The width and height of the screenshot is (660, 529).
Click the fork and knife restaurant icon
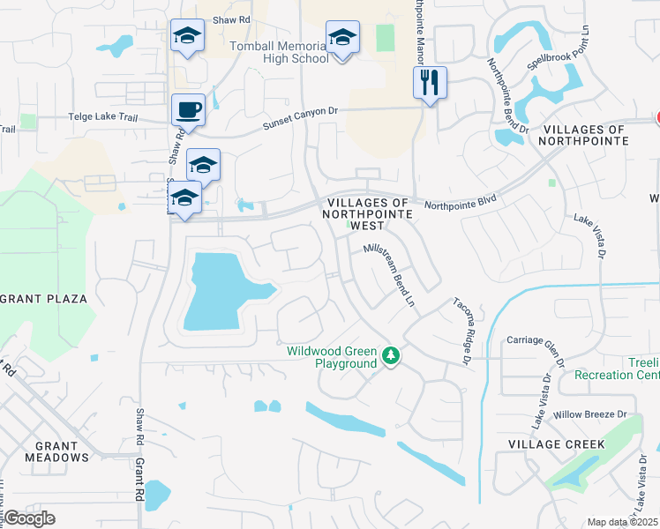tap(430, 83)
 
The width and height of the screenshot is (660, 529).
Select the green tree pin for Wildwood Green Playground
tap(391, 356)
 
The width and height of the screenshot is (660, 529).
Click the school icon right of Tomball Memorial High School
tap(342, 38)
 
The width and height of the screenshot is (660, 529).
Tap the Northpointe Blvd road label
tap(460, 201)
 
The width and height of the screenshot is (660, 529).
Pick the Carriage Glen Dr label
tap(534, 340)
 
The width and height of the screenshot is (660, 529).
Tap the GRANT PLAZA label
tap(44, 299)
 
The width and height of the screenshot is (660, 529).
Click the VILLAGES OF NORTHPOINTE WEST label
tap(368, 214)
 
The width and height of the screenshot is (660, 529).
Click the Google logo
tap(29, 518)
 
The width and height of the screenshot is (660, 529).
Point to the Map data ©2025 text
tap(622, 522)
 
